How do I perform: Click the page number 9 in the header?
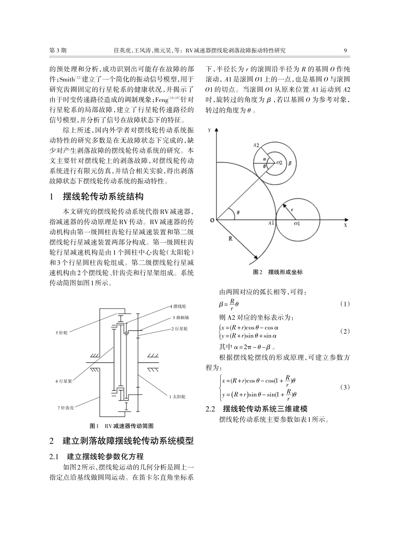pyautogui.click(x=345, y=51)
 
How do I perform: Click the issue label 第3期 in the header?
pyautogui.click(x=58, y=51)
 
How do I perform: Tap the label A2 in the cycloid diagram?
pyautogui.click(x=256, y=145)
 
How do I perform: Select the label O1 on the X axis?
pyautogui.click(x=297, y=224)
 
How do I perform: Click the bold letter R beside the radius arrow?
pyautogui.click(x=231, y=239)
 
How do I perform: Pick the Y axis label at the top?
pyautogui.click(x=209, y=130)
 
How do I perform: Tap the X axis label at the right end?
pyautogui.click(x=345, y=226)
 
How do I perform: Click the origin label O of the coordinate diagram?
pyautogui.click(x=212, y=220)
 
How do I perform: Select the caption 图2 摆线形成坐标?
pyautogui.click(x=277, y=272)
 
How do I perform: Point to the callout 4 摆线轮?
pyautogui.click(x=178, y=306)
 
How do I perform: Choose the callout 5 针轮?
pyautogui.click(x=62, y=333)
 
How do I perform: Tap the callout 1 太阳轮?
pyautogui.click(x=177, y=397)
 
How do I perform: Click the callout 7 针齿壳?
pyautogui.click(x=65, y=408)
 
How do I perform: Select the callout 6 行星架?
pyautogui.click(x=64, y=381)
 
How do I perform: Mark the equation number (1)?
pyautogui.click(x=345, y=304)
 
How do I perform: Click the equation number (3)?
pyautogui.click(x=345, y=387)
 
